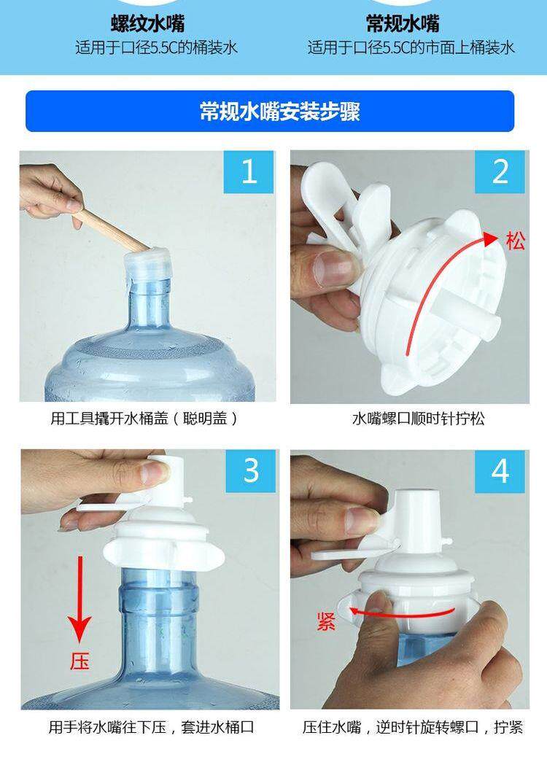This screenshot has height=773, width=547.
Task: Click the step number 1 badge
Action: click(x=249, y=172)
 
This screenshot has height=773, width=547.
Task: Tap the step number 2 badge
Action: click(x=499, y=172)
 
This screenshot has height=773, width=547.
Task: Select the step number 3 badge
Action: click(x=251, y=471)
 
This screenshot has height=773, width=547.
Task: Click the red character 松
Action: click(x=516, y=241)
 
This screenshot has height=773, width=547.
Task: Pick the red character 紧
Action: click(x=327, y=621)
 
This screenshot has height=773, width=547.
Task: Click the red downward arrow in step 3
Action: click(x=80, y=599)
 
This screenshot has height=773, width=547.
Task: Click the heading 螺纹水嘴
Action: click(x=148, y=23)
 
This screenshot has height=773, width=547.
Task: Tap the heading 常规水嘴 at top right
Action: click(x=403, y=23)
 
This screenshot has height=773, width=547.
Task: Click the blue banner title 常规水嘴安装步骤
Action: click(x=279, y=112)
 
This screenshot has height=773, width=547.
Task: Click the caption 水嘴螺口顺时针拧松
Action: click(x=418, y=419)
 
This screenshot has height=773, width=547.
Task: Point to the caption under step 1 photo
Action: click(x=144, y=419)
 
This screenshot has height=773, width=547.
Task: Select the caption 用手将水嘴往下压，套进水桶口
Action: click(x=151, y=727)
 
